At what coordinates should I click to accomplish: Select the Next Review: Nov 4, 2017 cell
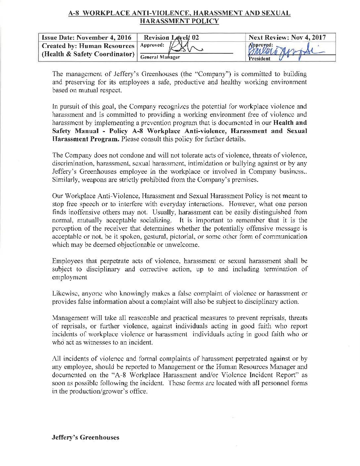[x=287, y=37]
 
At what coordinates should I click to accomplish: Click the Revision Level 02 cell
[x=172, y=38]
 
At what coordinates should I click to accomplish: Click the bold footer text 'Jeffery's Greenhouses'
[x=85, y=438]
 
